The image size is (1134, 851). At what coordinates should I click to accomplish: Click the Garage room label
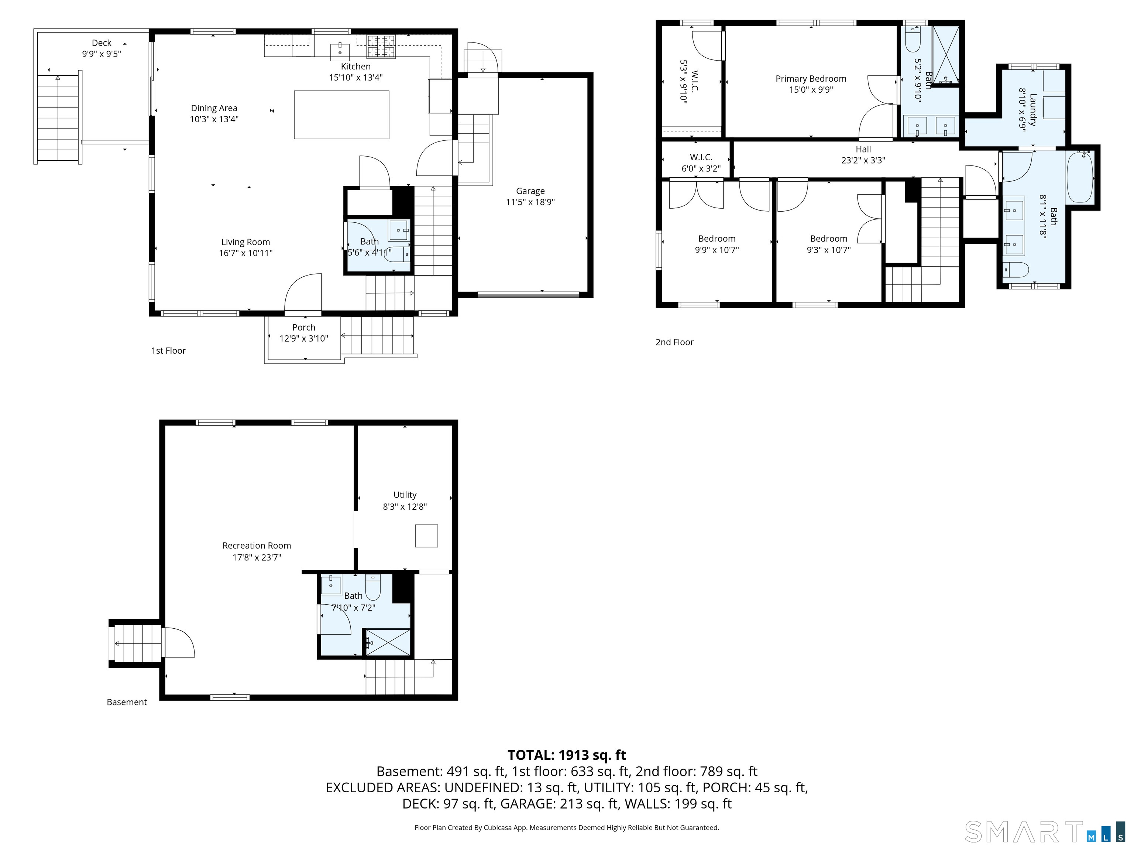pos(530,191)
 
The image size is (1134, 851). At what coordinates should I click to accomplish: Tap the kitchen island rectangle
pos(341,115)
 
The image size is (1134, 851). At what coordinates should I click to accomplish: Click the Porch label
pos(304,327)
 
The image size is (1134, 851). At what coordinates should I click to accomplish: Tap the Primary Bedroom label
pos(811,78)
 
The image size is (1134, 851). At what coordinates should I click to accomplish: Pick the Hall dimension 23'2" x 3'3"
pos(863,160)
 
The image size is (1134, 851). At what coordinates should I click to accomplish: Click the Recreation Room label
pos(257,545)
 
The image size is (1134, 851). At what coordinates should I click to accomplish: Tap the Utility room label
pos(405,495)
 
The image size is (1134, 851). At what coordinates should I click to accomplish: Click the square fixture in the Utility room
pos(426,536)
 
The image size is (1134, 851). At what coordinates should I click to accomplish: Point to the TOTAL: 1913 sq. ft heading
pos(567,755)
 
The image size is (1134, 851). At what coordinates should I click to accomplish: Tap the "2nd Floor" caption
pos(675,342)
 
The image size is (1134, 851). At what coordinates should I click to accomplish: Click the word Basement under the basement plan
pos(127,702)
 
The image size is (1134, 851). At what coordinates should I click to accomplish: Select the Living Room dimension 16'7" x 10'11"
pos(245,253)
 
